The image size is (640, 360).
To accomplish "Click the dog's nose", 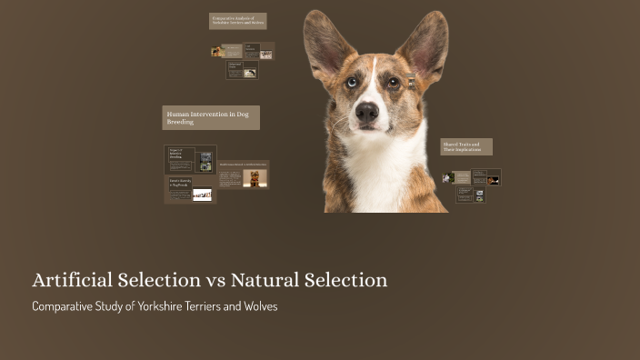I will [x=367, y=112].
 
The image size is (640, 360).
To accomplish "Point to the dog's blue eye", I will [x=352, y=82].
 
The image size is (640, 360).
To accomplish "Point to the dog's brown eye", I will [x=393, y=83].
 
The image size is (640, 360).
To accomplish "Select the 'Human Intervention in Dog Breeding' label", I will [x=211, y=117].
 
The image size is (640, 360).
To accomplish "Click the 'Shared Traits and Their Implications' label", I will [x=465, y=146].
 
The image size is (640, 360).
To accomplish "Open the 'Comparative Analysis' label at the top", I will [x=237, y=20].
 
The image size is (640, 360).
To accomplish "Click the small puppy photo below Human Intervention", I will [x=255, y=177].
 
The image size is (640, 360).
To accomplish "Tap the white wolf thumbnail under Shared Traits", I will [x=479, y=194].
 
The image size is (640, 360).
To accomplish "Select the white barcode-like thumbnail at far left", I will [x=202, y=194].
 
